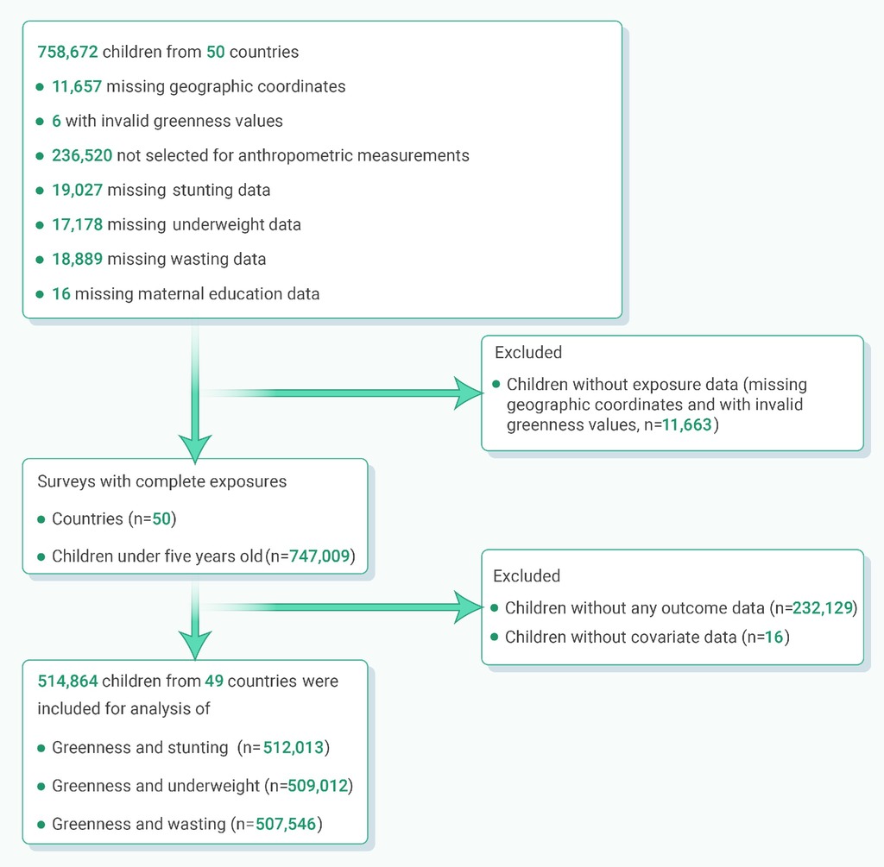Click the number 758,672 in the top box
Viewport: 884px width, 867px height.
click(67, 52)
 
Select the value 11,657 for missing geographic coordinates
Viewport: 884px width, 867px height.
click(77, 86)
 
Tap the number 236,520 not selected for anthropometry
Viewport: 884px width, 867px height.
click(82, 155)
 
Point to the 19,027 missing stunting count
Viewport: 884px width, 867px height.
click(77, 190)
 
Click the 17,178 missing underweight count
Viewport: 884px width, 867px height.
click(77, 224)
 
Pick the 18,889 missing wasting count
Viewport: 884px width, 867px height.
click(77, 259)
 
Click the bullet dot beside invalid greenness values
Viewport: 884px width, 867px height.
click(40, 121)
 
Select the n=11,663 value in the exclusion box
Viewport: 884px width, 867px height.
click(686, 424)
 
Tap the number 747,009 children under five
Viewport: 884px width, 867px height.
click(319, 556)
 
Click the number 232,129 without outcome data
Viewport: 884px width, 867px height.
click(823, 608)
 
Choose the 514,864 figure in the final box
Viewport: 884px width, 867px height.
click(67, 682)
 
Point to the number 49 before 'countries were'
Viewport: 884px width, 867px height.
click(214, 682)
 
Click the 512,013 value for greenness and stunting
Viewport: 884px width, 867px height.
click(294, 748)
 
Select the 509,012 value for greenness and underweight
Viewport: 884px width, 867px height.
click(318, 786)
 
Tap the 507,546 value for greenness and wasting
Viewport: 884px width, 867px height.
click(286, 824)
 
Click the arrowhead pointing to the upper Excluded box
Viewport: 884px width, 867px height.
click(469, 393)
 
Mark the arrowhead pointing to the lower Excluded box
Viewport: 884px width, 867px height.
click(469, 607)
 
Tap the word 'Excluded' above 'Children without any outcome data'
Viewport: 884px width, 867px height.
click(527, 575)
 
